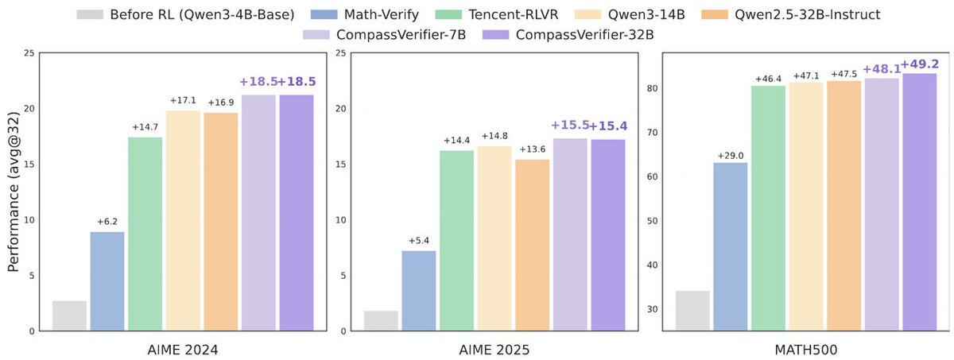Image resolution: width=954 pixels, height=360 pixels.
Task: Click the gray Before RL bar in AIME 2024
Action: [69, 315]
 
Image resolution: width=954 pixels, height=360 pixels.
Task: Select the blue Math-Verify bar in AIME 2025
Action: [418, 290]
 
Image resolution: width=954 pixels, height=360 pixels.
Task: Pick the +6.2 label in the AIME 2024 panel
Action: [107, 222]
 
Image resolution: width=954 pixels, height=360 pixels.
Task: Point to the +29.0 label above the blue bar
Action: [731, 156]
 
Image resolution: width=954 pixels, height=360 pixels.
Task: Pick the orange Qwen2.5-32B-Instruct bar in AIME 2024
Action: [220, 222]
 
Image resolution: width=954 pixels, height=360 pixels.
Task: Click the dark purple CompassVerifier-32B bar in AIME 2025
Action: [608, 235]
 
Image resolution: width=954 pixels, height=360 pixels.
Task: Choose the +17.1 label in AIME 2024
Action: [183, 101]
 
